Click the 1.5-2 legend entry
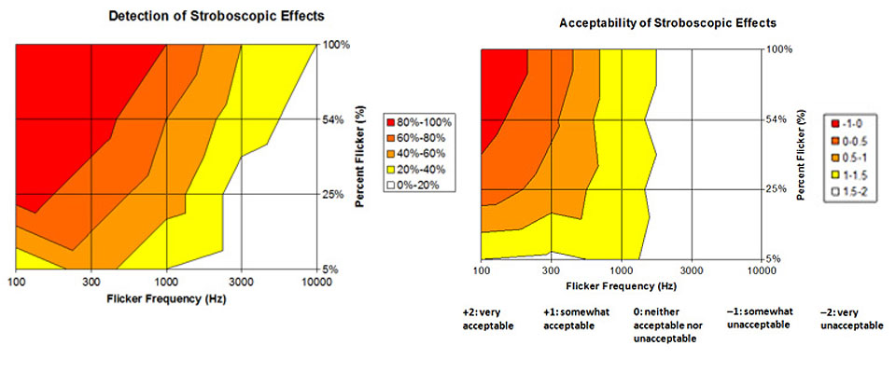[x=848, y=193]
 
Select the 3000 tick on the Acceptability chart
[x=692, y=270]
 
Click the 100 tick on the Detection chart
[x=17, y=281]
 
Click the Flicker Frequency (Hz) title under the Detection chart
[x=167, y=300]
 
